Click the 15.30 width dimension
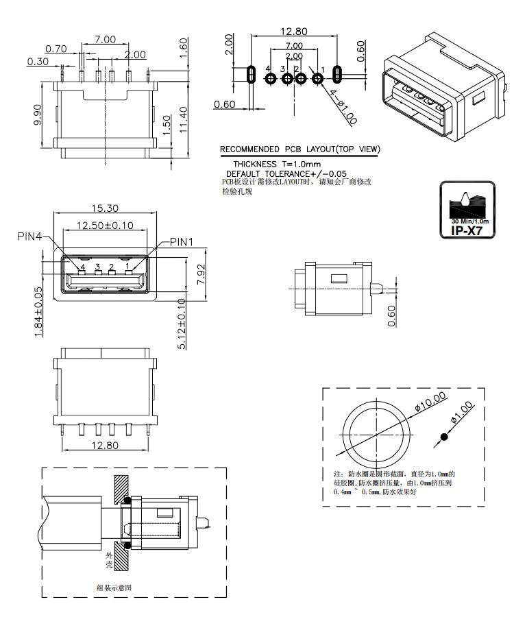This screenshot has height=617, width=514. pyautogui.click(x=105, y=208)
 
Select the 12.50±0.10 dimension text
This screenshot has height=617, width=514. pyautogui.click(x=105, y=226)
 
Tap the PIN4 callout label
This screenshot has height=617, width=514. pyautogui.click(x=29, y=236)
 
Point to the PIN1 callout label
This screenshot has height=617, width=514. pyautogui.click(x=182, y=242)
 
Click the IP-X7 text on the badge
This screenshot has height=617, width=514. pyautogui.click(x=467, y=230)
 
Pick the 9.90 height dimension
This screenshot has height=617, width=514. pyautogui.click(x=38, y=114)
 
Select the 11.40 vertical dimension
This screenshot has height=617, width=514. pyautogui.click(x=184, y=119)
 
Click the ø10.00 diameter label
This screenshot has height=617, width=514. pyautogui.click(x=430, y=401)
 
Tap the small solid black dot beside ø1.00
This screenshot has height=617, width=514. pyautogui.click(x=444, y=437)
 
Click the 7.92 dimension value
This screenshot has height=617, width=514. pyautogui.click(x=201, y=275)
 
